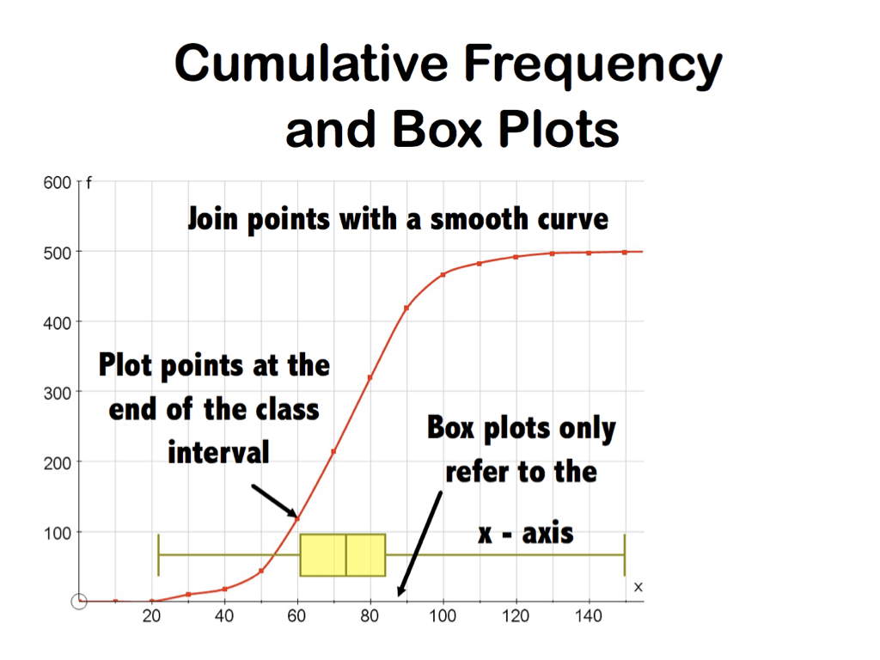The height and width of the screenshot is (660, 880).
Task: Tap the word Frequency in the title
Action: point(593,67)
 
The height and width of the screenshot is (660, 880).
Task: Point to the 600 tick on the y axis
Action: point(58,183)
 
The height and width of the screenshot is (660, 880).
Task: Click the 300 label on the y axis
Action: point(58,394)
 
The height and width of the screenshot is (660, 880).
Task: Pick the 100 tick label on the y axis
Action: point(58,534)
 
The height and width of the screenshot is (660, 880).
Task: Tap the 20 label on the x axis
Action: point(151,616)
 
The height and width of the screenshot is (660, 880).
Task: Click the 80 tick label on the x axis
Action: point(370,616)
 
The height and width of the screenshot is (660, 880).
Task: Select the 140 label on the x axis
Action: point(588,616)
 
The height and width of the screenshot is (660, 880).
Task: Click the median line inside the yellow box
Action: point(345,555)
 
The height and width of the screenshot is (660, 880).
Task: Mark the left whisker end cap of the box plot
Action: point(159,555)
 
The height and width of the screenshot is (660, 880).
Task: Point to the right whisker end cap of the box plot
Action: point(625,555)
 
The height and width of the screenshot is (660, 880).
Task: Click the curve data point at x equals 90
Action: point(406,309)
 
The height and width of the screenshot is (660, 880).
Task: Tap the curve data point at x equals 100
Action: point(443,275)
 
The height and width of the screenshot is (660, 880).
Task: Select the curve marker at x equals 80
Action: point(370,378)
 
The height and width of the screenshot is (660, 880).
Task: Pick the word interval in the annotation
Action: point(219,452)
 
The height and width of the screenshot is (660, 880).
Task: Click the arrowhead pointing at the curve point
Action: point(292,512)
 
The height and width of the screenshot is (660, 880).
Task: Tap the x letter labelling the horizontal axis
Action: point(639,587)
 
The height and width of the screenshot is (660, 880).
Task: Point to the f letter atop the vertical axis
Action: point(89,183)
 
